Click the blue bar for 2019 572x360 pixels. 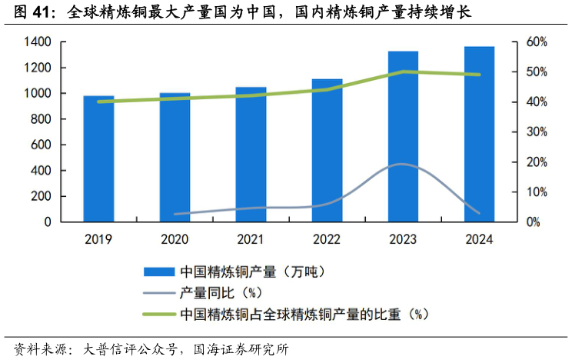pyautogui.click(x=98, y=158)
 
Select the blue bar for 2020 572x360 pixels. pyautogui.click(x=175, y=157)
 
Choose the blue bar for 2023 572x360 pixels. pyautogui.click(x=403, y=136)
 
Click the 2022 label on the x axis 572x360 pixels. pyautogui.click(x=327, y=239)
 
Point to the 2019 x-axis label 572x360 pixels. pyautogui.click(x=98, y=239)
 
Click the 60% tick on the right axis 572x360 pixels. pyautogui.click(x=536, y=42)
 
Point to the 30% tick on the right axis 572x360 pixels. pyautogui.click(x=536, y=132)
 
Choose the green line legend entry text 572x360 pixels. pyautogui.click(x=303, y=314)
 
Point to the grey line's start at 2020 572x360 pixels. pyautogui.click(x=176, y=214)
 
